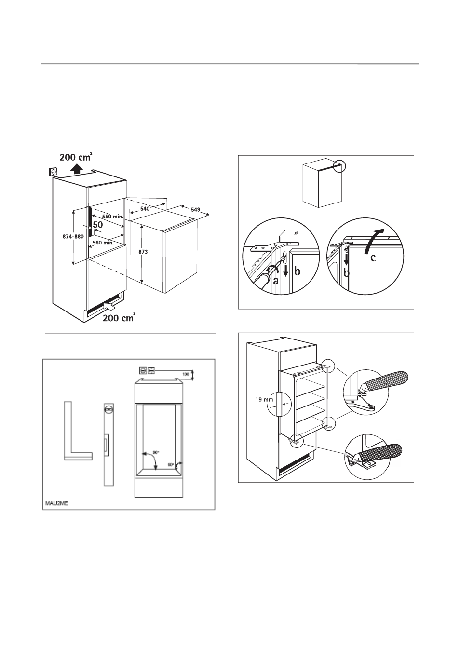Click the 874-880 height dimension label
(73, 236)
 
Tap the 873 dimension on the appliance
(143, 252)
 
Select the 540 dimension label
(145, 209)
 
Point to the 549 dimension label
(196, 209)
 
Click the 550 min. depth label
(113, 217)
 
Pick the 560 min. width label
(103, 243)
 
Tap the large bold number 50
(98, 225)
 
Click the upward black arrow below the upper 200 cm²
(76, 168)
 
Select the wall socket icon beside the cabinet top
(53, 172)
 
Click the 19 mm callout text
(264, 400)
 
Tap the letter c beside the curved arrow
(373, 257)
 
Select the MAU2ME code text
(56, 503)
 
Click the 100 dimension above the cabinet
(186, 374)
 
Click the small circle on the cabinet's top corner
(339, 166)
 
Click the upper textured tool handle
(386, 381)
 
